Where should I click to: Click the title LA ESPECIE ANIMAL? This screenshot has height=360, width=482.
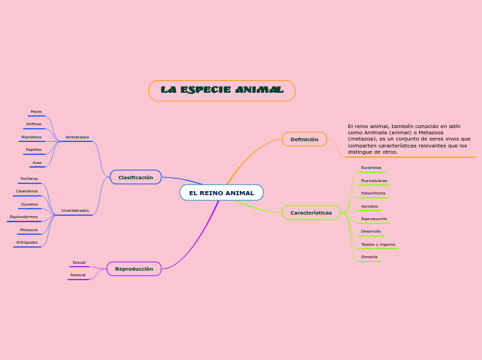point(222,91)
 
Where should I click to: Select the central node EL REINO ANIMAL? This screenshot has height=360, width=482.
point(222,192)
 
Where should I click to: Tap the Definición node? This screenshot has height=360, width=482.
point(304,139)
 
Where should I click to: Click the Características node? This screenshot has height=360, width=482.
point(311,213)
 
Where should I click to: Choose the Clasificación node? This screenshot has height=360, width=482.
point(136,177)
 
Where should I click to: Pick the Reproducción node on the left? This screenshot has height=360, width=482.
point(134,269)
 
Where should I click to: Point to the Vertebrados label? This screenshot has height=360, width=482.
point(77,137)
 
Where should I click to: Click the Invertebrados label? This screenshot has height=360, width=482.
point(75,210)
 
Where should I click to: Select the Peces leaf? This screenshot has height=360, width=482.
point(36,111)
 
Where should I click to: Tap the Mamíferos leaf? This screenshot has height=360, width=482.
point(31,137)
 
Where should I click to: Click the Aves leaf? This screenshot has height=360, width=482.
point(37,163)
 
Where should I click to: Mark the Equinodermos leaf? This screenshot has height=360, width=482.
point(24,217)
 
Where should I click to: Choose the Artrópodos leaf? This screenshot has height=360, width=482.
point(27,242)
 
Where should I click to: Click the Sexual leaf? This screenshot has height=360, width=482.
point(79,262)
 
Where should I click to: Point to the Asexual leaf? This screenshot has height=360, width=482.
point(78,275)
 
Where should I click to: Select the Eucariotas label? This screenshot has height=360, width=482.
point(371,168)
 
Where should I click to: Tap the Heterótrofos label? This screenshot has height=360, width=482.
point(373,193)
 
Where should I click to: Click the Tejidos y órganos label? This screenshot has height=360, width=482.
point(378,244)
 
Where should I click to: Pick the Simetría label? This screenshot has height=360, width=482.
point(369,257)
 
